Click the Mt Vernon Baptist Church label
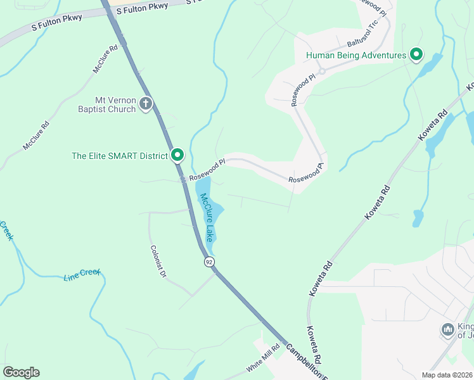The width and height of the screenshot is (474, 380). [x=106, y=104]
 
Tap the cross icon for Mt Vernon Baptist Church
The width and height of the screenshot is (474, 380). [x=146, y=103]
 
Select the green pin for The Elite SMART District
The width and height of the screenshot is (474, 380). [x=178, y=155]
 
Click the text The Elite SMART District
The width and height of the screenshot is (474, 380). [x=120, y=155]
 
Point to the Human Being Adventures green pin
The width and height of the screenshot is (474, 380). [x=416, y=55]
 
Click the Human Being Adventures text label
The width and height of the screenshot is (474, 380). [x=355, y=55]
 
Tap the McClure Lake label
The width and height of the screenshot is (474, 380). [x=207, y=217]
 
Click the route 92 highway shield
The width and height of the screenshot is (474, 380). [x=209, y=262]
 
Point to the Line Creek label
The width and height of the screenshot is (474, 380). [x=82, y=275]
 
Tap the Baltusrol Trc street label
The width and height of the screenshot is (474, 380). [x=362, y=37]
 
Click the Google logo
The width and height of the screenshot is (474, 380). [x=21, y=372]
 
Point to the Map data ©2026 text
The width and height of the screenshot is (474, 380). [x=447, y=375]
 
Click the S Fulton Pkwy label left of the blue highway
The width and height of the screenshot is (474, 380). [x=57, y=23]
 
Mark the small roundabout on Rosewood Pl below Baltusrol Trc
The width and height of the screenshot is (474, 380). [x=321, y=71]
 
